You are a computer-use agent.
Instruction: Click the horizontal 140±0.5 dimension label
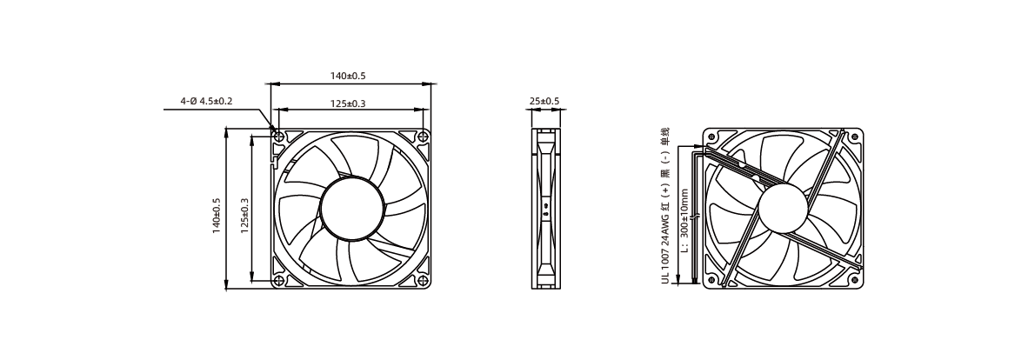pos(348,76)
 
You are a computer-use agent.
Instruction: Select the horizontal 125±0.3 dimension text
pos(348,103)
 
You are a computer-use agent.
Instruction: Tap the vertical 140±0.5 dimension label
pos(217,216)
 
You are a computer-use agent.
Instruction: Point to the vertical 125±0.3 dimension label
pos(244,216)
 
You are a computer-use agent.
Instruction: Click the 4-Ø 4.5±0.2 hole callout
pos(206,101)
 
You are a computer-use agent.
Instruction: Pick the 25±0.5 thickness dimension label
pos(544,101)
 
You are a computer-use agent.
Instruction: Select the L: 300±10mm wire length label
pos(684,221)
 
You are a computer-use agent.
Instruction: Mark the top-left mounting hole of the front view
pos(278,137)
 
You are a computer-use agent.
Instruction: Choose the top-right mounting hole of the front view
pos(423,137)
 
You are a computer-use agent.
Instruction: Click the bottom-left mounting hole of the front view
pos(278,282)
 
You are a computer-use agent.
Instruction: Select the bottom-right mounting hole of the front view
pos(423,282)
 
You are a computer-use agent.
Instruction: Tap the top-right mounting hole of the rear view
pos(854,137)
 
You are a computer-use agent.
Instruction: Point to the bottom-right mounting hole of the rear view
pos(854,280)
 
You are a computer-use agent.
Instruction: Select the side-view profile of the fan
pos(544,209)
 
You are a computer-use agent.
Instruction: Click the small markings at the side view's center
pos(545,210)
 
